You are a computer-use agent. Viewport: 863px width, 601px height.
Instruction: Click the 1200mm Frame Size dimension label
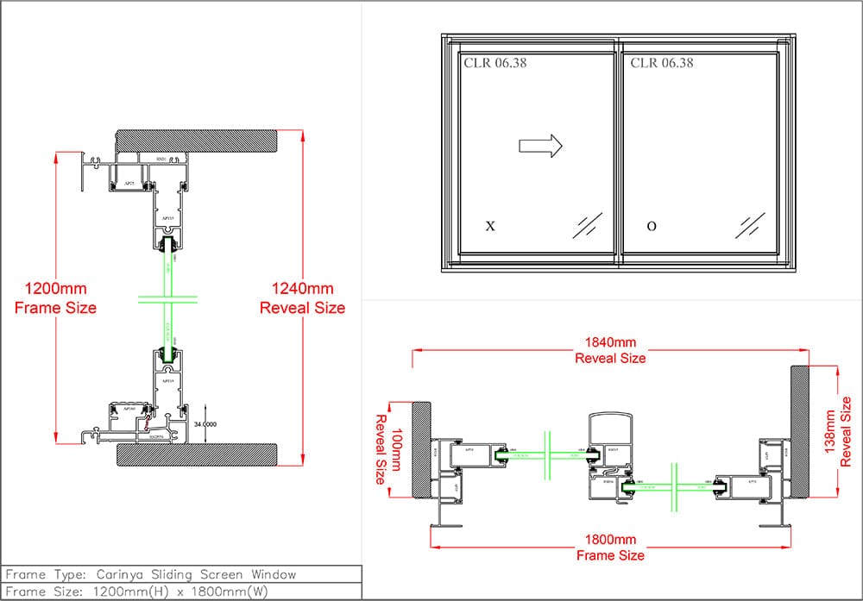tap(55, 297)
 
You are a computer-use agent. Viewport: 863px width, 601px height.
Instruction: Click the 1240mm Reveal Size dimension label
tap(302, 298)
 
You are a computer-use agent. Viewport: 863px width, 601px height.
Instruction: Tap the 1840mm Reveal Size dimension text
tap(610, 349)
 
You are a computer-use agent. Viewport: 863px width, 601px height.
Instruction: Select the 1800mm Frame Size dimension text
tap(610, 548)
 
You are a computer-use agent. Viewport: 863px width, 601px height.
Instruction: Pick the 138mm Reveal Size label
tap(837, 429)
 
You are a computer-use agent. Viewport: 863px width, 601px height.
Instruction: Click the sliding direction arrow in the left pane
tap(540, 146)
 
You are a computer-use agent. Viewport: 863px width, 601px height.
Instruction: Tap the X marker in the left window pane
tap(490, 227)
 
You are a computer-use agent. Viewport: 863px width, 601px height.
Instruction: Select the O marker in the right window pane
tap(652, 227)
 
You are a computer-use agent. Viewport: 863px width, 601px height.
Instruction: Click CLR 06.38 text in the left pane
tap(495, 63)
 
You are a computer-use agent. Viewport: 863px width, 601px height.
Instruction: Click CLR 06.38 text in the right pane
tap(662, 63)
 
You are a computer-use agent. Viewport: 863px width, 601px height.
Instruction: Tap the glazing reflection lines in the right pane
tap(750, 225)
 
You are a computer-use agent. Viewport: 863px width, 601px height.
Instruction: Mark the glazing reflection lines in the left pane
tap(588, 225)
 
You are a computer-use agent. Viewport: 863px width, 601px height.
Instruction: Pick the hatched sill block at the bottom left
tap(197, 454)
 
